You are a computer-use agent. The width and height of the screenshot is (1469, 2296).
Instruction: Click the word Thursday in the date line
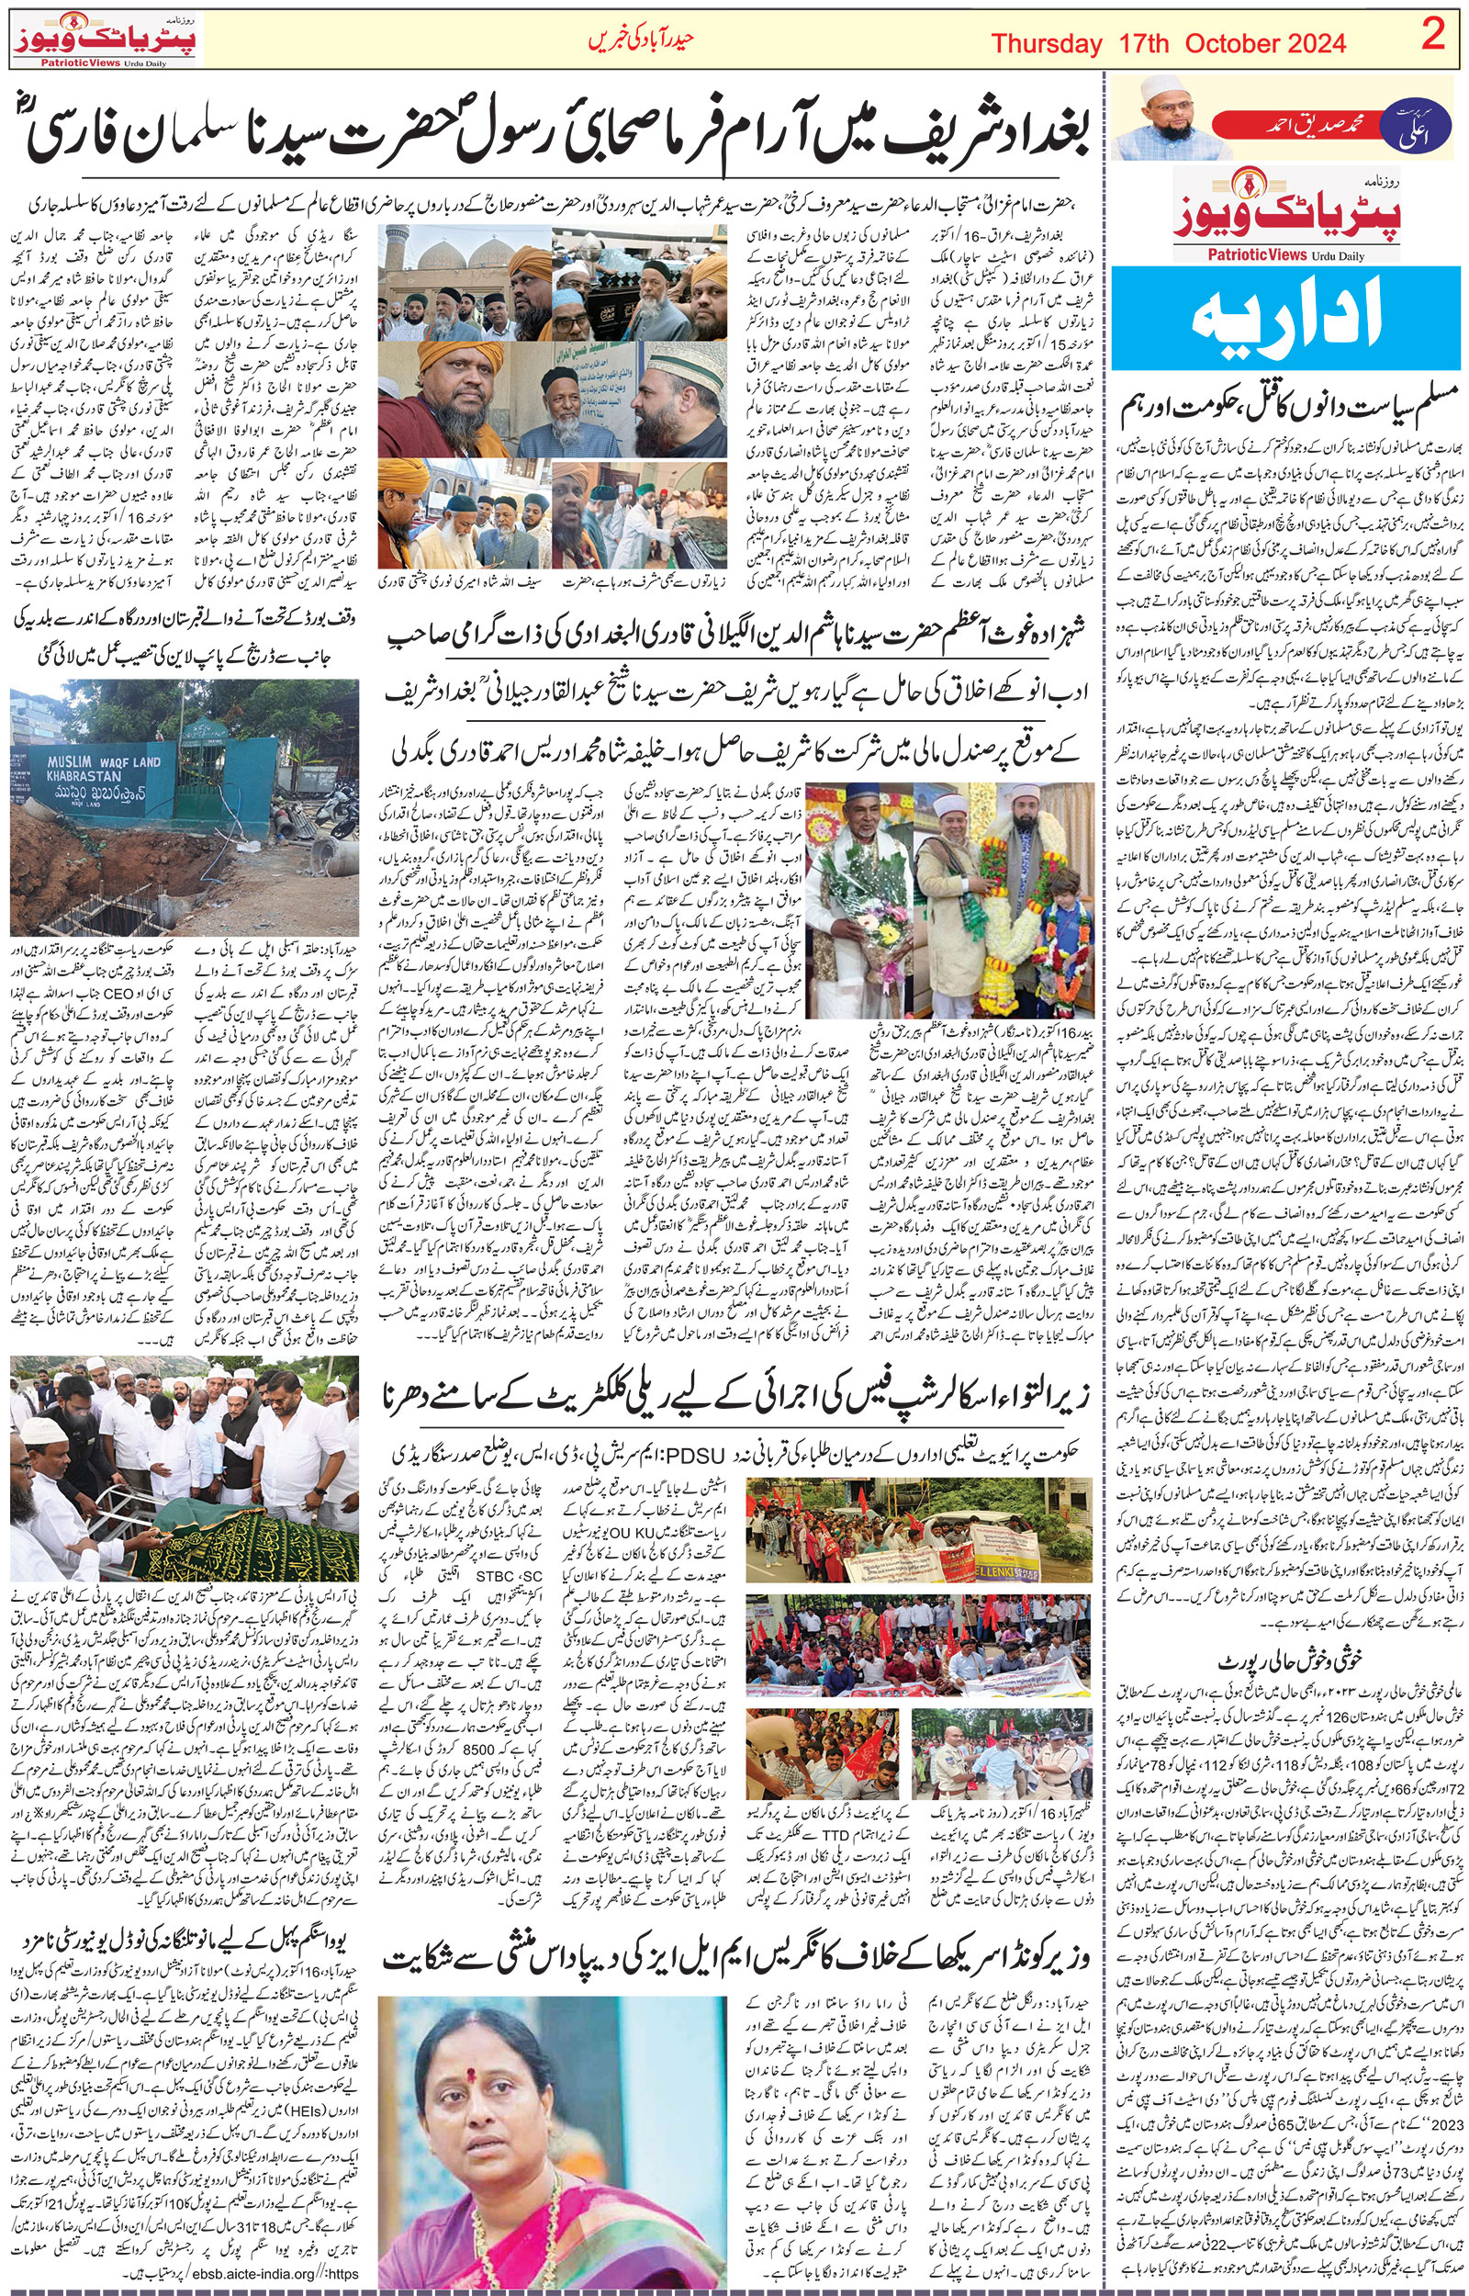[x=1047, y=44]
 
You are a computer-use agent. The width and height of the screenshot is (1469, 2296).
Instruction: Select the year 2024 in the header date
[x=1306, y=44]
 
